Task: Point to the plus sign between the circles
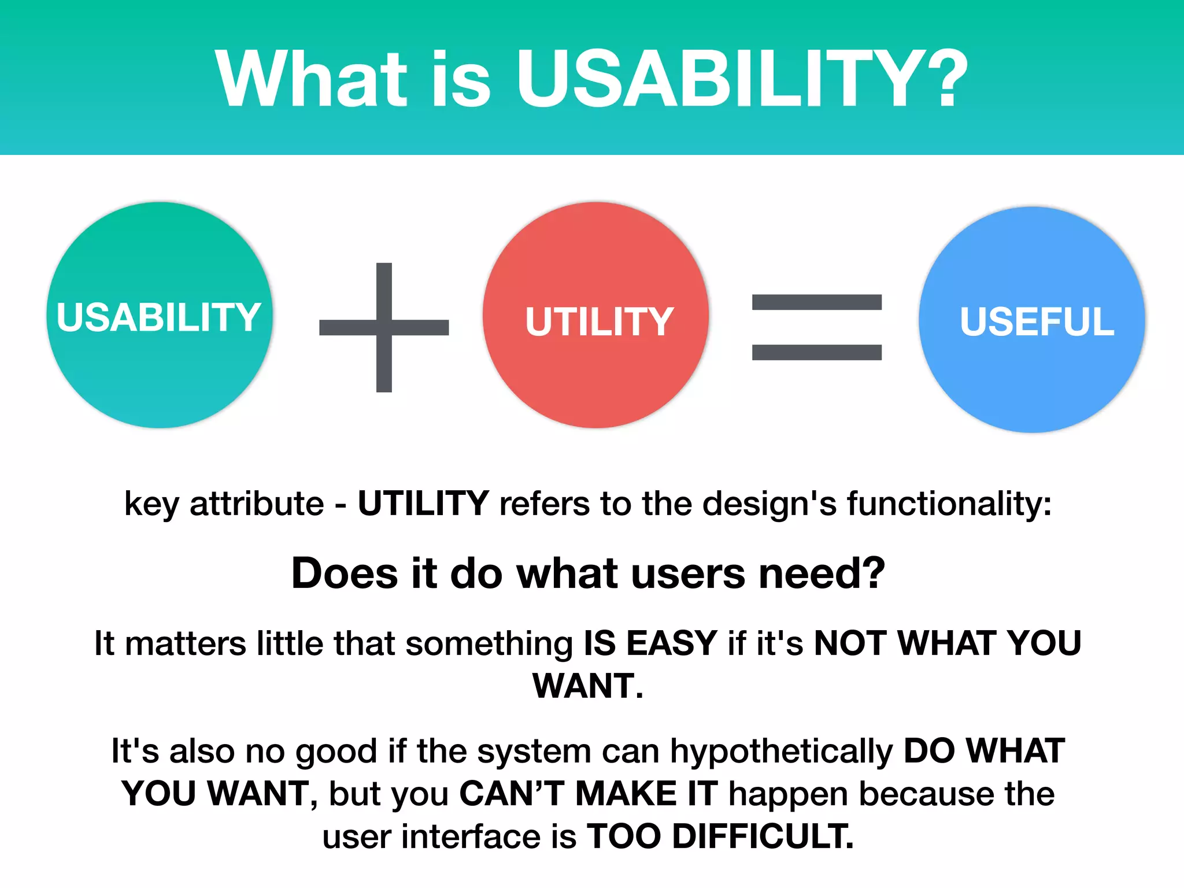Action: [x=384, y=327]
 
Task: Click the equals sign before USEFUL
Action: [x=816, y=327]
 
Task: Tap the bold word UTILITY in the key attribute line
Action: [x=423, y=504]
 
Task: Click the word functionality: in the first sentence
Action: [x=949, y=504]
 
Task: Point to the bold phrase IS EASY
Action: [x=650, y=643]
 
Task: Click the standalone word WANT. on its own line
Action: [x=588, y=686]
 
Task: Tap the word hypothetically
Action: [x=782, y=752]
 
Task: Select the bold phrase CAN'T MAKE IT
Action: [x=588, y=794]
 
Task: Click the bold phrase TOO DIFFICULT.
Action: [x=720, y=837]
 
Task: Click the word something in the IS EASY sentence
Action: [x=489, y=643]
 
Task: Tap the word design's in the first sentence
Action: [x=769, y=504]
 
